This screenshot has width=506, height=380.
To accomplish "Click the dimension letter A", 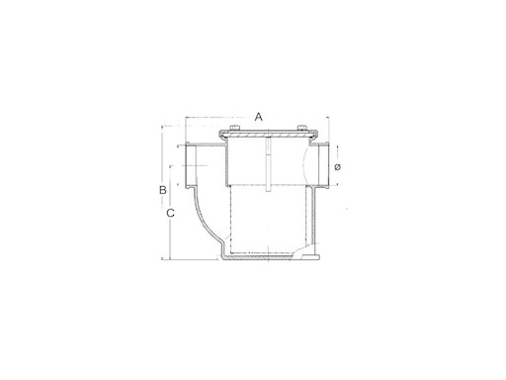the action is (259, 117).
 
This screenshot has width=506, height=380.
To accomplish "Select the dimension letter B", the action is (163, 190).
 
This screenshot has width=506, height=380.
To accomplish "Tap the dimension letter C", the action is (170, 213).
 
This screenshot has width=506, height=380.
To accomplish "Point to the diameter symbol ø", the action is (337, 167).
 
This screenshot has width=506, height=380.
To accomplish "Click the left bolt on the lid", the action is (234, 128).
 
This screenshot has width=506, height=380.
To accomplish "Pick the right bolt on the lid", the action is (302, 128).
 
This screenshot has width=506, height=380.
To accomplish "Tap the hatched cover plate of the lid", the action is (268, 136).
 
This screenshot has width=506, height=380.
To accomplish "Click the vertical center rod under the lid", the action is (268, 164).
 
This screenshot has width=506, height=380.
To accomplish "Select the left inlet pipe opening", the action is (191, 165).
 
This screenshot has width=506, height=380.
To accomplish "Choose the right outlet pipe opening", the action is (323, 165).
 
